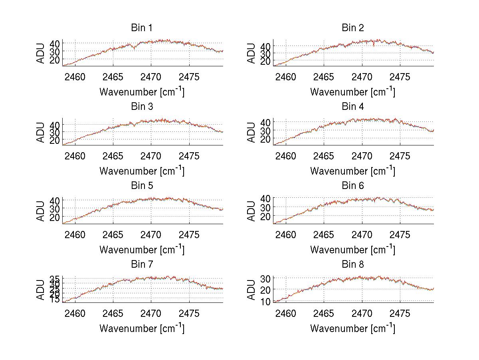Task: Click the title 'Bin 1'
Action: tap(142, 28)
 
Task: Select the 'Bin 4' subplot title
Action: tap(353, 107)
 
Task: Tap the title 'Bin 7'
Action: tap(142, 265)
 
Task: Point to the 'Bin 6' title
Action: tap(353, 186)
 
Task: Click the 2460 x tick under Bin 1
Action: tap(75, 77)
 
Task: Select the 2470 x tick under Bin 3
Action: tap(151, 156)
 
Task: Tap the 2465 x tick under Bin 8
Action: tap(324, 314)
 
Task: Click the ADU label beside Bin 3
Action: tap(41, 132)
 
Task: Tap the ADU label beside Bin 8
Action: tap(252, 290)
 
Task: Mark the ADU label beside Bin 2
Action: tap(252, 54)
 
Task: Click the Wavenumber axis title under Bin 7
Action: tap(142, 328)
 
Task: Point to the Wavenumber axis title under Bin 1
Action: tap(142, 91)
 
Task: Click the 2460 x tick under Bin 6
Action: tap(286, 235)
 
